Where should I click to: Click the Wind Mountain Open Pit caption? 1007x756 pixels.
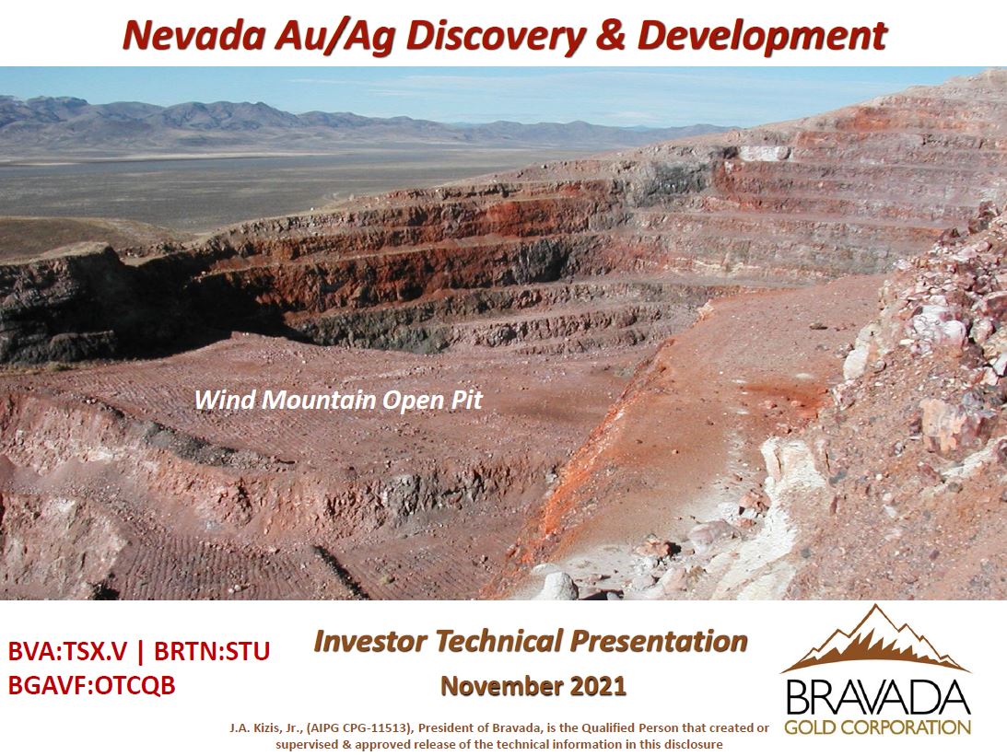[338, 401]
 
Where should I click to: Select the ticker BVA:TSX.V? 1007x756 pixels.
[67, 651]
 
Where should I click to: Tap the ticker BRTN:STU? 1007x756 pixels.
[211, 651]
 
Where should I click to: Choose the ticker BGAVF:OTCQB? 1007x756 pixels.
[91, 685]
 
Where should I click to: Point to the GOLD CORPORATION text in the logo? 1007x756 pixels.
[877, 727]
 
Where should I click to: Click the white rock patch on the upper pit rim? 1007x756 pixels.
[765, 153]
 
